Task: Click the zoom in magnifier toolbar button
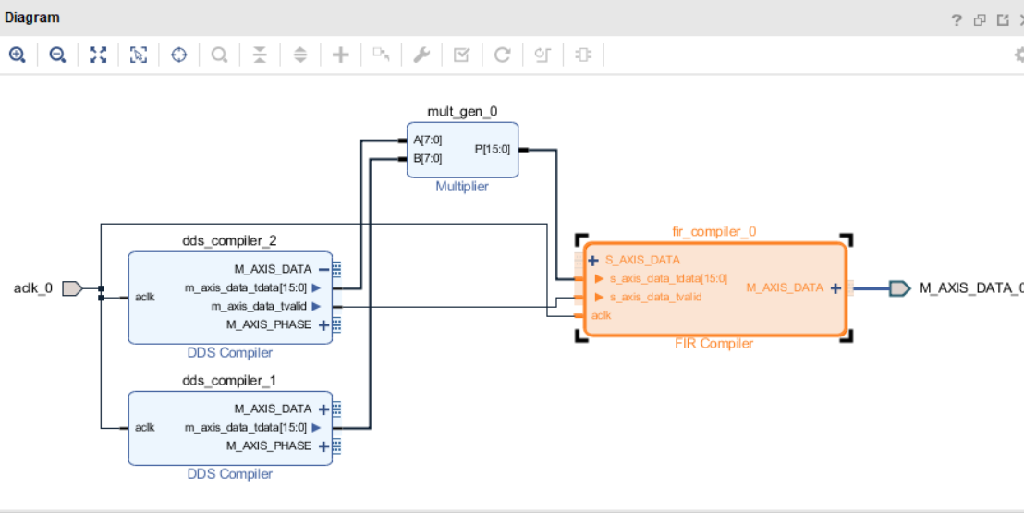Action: pos(17,55)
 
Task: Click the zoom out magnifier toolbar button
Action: pos(57,55)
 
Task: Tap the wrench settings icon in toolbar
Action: pos(421,55)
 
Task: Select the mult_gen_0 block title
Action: pos(462,111)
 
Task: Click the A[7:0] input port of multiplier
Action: pos(427,140)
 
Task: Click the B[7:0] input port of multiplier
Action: pos(427,158)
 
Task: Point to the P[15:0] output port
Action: pos(492,149)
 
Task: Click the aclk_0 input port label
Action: pos(33,288)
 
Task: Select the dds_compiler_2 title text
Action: pos(229,241)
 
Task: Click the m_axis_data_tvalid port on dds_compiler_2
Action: pos(258,306)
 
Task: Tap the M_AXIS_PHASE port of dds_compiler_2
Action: pos(269,324)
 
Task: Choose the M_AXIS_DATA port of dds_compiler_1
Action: pos(273,409)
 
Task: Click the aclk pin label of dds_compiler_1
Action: pos(144,427)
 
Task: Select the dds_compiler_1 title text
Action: pos(229,381)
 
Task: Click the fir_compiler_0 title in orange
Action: pos(713,231)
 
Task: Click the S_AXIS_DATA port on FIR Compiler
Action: pos(642,260)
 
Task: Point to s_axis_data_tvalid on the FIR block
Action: pos(655,297)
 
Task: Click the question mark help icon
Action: pos(957,20)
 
